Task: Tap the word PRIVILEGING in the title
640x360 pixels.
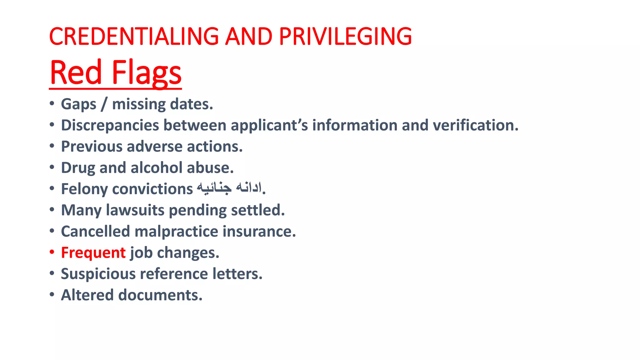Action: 345,37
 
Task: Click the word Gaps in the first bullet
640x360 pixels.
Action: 78,104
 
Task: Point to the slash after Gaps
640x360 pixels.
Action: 104,104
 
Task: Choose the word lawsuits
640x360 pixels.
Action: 135,210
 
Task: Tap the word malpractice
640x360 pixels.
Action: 176,232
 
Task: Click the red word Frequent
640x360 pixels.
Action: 93,253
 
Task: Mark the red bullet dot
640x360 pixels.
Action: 52,252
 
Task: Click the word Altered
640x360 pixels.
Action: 87,295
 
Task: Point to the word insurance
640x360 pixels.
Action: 259,232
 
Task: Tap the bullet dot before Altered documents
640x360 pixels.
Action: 52,294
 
